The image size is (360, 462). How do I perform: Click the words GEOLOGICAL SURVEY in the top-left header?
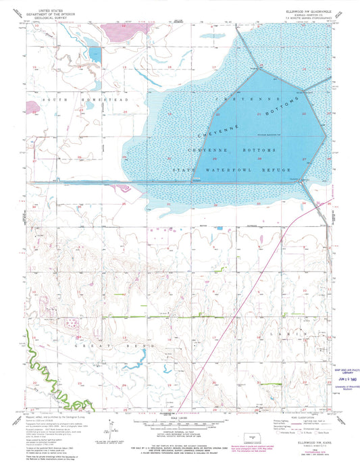pos(54,19)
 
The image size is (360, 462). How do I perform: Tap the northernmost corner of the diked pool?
pos(261,66)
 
